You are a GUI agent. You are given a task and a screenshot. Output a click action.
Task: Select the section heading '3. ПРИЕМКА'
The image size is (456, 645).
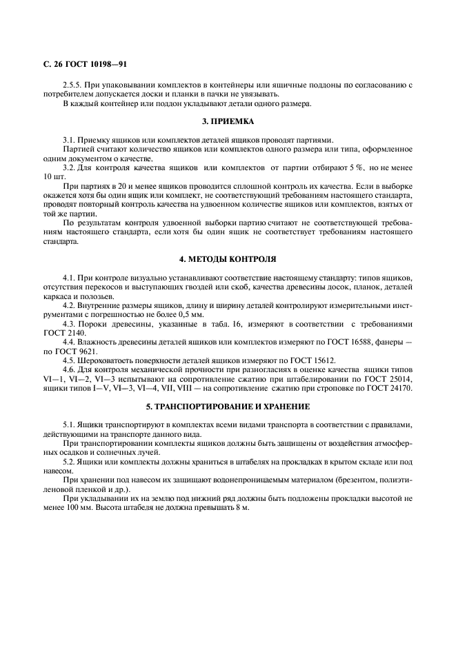[x=228, y=121]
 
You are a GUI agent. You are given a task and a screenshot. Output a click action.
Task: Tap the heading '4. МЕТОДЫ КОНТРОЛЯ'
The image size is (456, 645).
[x=228, y=258]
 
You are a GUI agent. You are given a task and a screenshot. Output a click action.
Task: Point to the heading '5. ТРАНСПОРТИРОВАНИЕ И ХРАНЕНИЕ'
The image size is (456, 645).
[x=228, y=406]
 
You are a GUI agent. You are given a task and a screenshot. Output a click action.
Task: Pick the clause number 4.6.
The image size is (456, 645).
[x=69, y=369]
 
